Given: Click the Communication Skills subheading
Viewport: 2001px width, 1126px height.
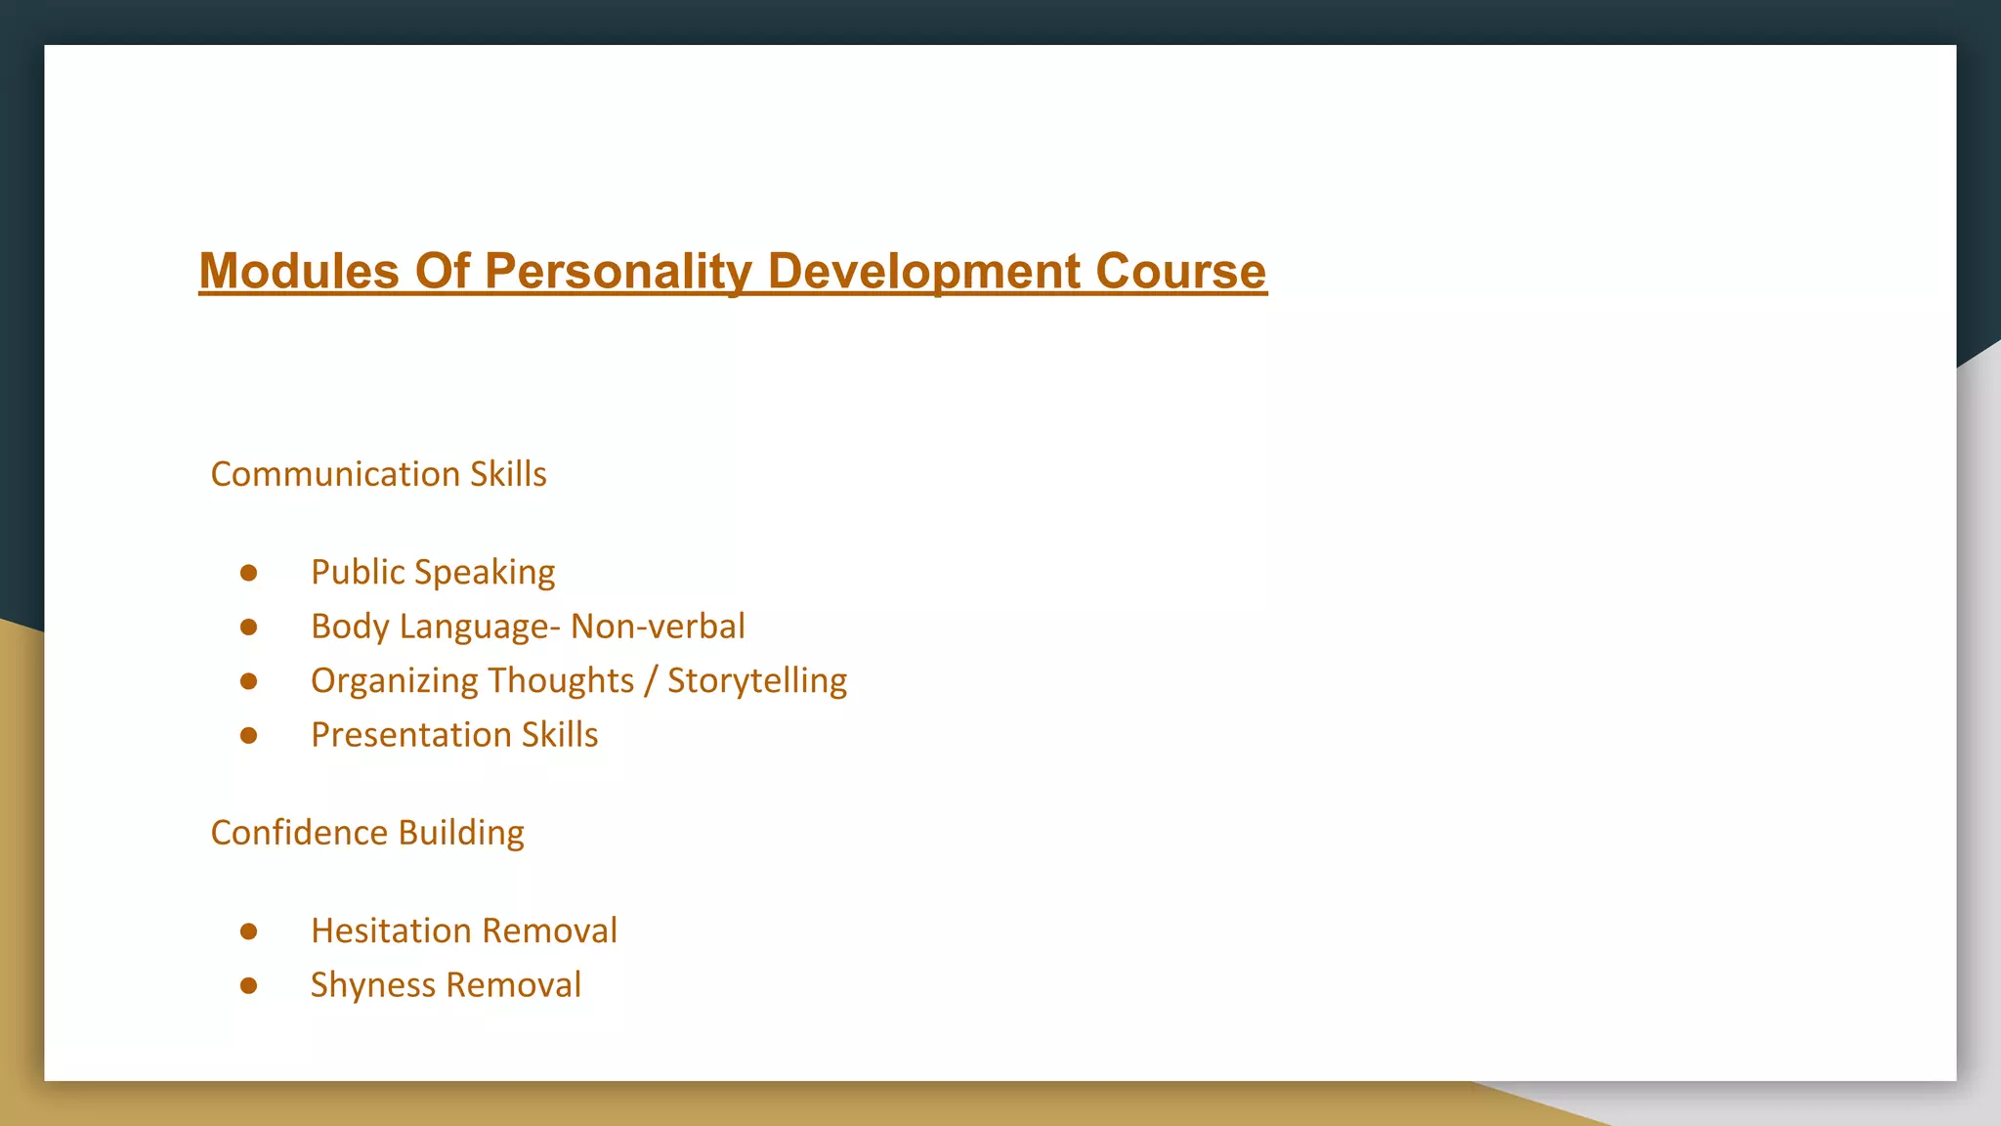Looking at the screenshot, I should pyautogui.click(x=378, y=474).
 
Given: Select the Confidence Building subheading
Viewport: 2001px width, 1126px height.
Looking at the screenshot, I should pyautogui.click(x=367, y=833).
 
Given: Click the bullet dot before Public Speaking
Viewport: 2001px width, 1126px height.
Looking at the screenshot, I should pyautogui.click(x=249, y=573).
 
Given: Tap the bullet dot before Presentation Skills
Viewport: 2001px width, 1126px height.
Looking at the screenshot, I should pyautogui.click(x=249, y=735).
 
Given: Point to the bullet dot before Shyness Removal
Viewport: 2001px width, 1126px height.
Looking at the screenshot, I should pyautogui.click(x=249, y=985).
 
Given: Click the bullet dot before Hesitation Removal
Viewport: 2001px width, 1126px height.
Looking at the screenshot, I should pyautogui.click(x=249, y=931).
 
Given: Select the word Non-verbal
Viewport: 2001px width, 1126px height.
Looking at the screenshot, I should pyautogui.click(x=658, y=627).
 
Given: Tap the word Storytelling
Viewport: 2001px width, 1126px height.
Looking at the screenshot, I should pyautogui.click(x=757, y=680).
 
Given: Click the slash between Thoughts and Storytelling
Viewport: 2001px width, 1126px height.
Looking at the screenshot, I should pyautogui.click(x=651, y=680).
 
